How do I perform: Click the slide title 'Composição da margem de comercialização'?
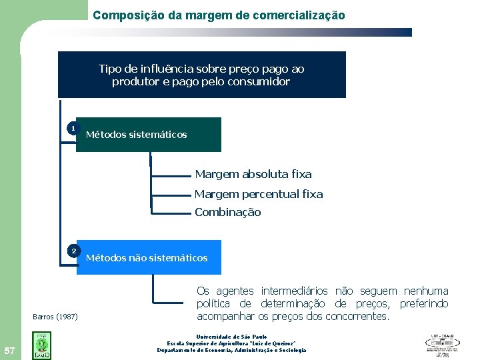219,15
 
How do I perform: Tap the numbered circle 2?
73,251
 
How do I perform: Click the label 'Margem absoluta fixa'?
253,175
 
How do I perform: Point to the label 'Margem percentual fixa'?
259,195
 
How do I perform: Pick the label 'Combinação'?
228,213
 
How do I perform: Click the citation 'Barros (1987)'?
55,316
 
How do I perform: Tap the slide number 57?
10,351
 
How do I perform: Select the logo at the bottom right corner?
442,344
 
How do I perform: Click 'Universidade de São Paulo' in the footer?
231,337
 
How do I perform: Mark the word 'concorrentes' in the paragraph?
356,317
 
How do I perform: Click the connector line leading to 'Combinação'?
171,213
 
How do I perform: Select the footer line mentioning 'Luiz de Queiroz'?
231,343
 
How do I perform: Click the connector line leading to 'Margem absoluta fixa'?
171,176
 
